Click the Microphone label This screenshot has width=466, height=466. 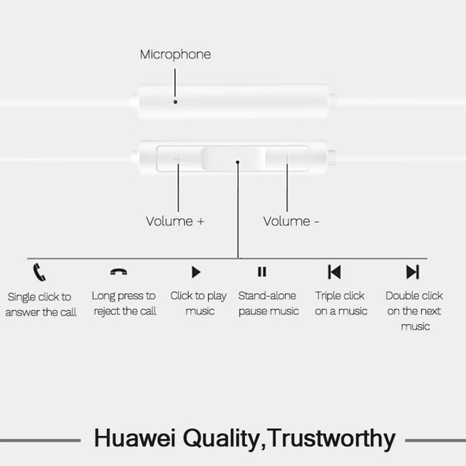(175, 55)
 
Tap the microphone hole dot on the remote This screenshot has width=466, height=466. (175, 101)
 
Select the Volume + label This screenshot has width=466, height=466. (175, 221)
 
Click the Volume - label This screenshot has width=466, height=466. (291, 221)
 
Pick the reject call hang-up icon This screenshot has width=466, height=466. (119, 272)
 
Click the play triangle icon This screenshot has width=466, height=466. (196, 271)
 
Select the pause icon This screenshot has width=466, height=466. (262, 271)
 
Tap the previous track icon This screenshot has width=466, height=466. (334, 271)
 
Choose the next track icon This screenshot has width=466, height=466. (412, 271)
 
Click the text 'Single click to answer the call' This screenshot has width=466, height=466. (41, 305)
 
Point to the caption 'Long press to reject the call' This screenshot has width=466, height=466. (124, 303)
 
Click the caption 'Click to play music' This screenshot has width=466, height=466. (199, 303)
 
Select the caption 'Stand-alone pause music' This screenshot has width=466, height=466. (268, 303)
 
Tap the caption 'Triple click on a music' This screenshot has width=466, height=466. (341, 303)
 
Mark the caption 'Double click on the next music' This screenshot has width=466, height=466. (414, 311)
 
